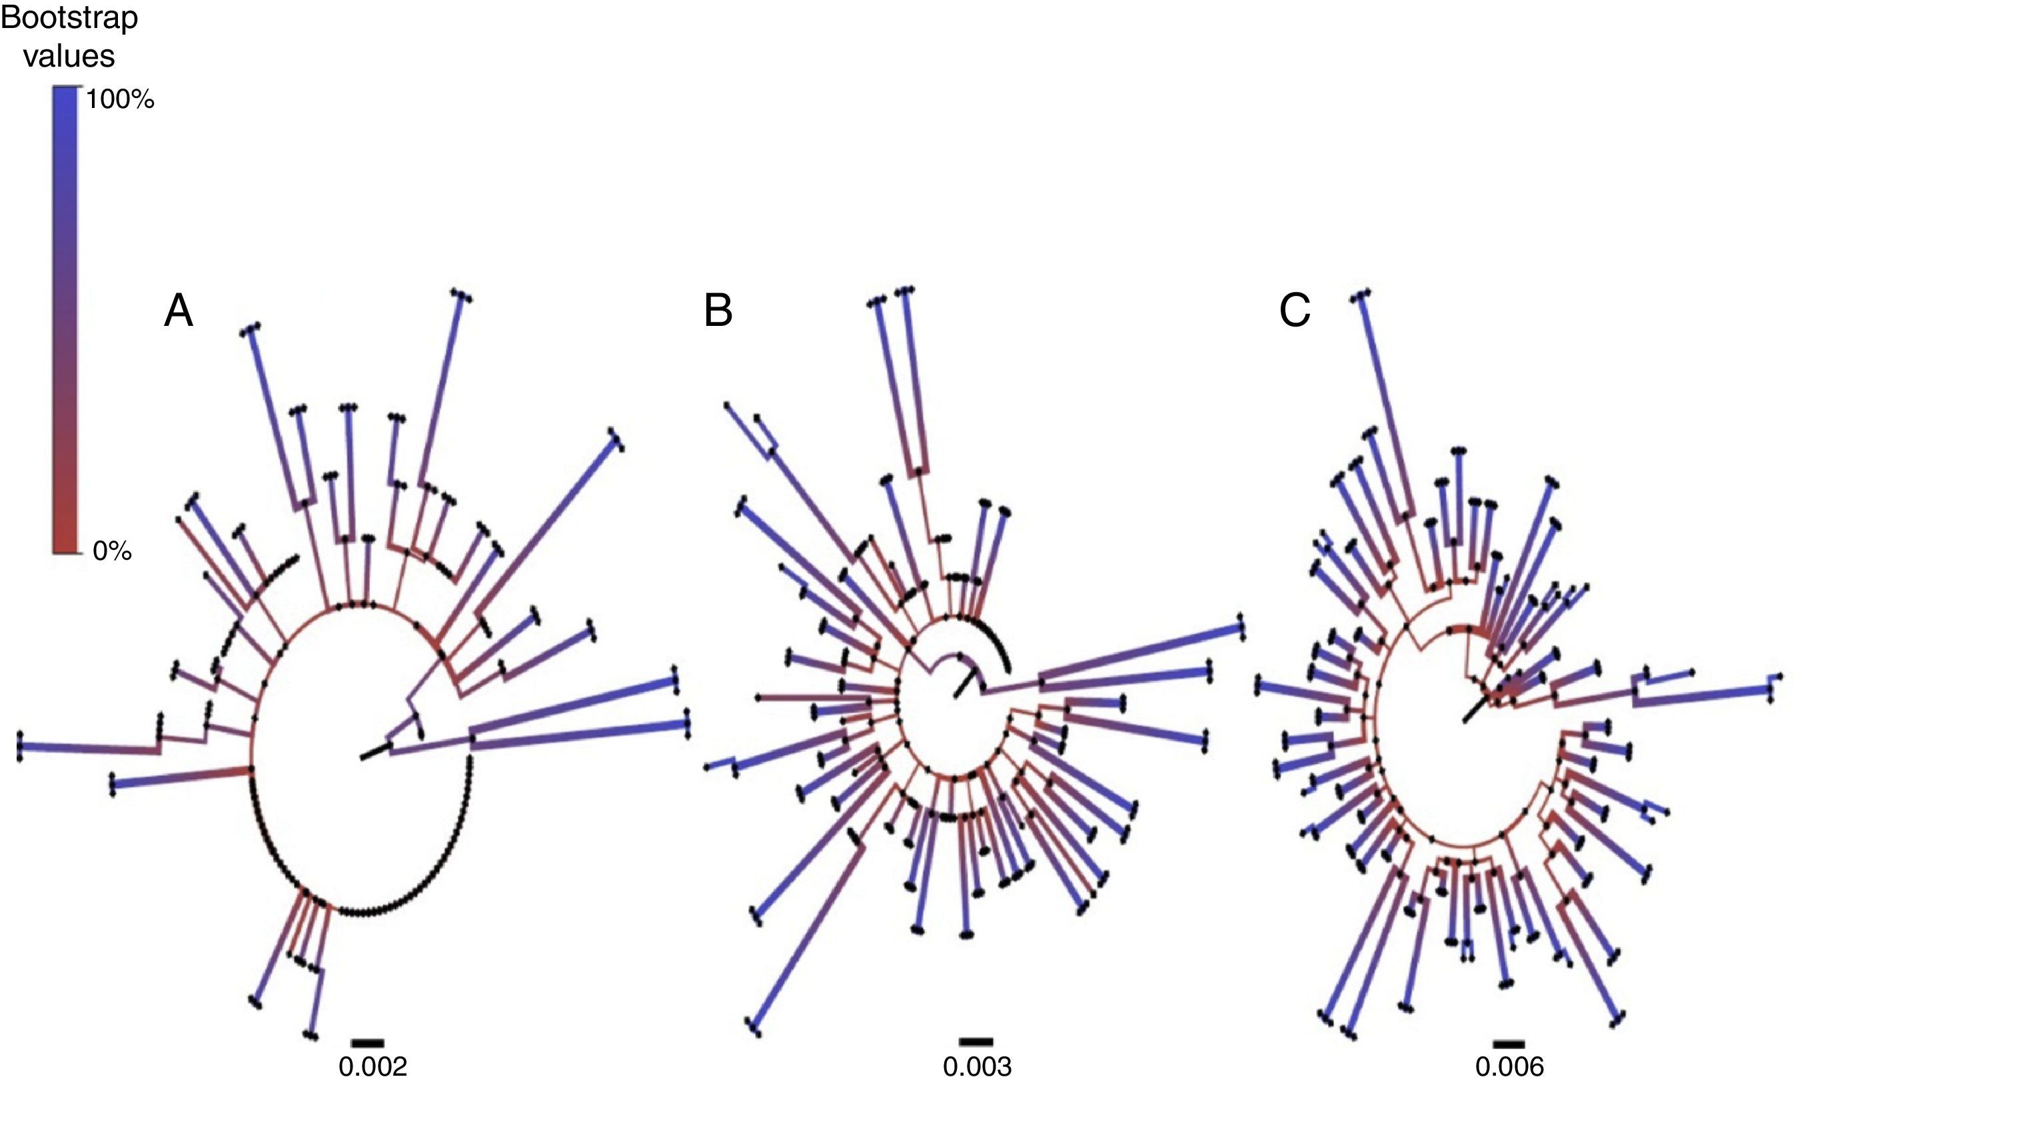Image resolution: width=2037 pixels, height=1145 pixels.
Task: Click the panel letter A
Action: tap(178, 311)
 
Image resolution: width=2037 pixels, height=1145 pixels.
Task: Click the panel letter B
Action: tap(718, 311)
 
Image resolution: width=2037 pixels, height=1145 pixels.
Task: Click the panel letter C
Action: tap(1295, 311)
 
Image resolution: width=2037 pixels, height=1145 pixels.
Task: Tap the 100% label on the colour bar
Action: tap(120, 99)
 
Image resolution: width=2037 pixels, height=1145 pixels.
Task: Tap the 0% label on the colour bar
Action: tap(111, 551)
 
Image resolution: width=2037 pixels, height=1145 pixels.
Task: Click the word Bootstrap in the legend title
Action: tap(69, 18)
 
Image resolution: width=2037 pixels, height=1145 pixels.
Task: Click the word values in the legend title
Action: tap(69, 56)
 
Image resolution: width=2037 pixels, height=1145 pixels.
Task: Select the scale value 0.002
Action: tap(372, 1067)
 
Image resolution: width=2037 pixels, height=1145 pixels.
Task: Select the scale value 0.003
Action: tap(977, 1067)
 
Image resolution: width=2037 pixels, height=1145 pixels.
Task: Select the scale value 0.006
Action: tap(1509, 1067)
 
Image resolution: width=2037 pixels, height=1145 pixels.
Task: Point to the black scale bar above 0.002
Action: tap(368, 1043)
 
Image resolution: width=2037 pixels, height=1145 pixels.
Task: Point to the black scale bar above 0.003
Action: tap(976, 1042)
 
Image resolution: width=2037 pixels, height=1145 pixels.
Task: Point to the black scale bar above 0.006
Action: tap(1509, 1044)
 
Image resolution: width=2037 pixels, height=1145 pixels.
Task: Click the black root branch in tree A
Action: tap(376, 751)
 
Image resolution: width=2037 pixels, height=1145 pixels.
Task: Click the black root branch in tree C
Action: tap(1473, 710)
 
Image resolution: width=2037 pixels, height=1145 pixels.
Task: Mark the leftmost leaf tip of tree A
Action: tap(19, 746)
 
